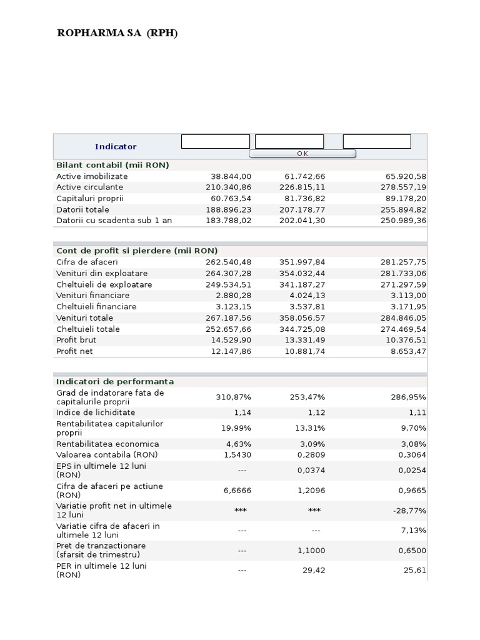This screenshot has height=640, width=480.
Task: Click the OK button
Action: coord(302,154)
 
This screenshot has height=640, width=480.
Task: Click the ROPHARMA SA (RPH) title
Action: coord(117,33)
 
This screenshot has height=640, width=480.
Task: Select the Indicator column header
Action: coord(116,146)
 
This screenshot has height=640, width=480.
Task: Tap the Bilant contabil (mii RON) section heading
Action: coord(112,165)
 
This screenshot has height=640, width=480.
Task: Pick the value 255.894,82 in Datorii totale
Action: coord(403,210)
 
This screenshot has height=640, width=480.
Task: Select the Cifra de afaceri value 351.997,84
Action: coord(302,262)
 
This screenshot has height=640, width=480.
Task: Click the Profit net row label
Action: coord(75,351)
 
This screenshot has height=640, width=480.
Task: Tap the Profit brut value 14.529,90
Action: coord(228,340)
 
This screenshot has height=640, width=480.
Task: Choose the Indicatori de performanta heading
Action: coord(115,381)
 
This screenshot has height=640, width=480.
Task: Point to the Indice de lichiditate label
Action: coord(96,412)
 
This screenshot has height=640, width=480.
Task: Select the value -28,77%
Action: coord(409,511)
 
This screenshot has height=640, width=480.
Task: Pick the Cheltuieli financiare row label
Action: coord(96,307)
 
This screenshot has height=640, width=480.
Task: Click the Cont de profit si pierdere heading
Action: coord(137,251)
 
